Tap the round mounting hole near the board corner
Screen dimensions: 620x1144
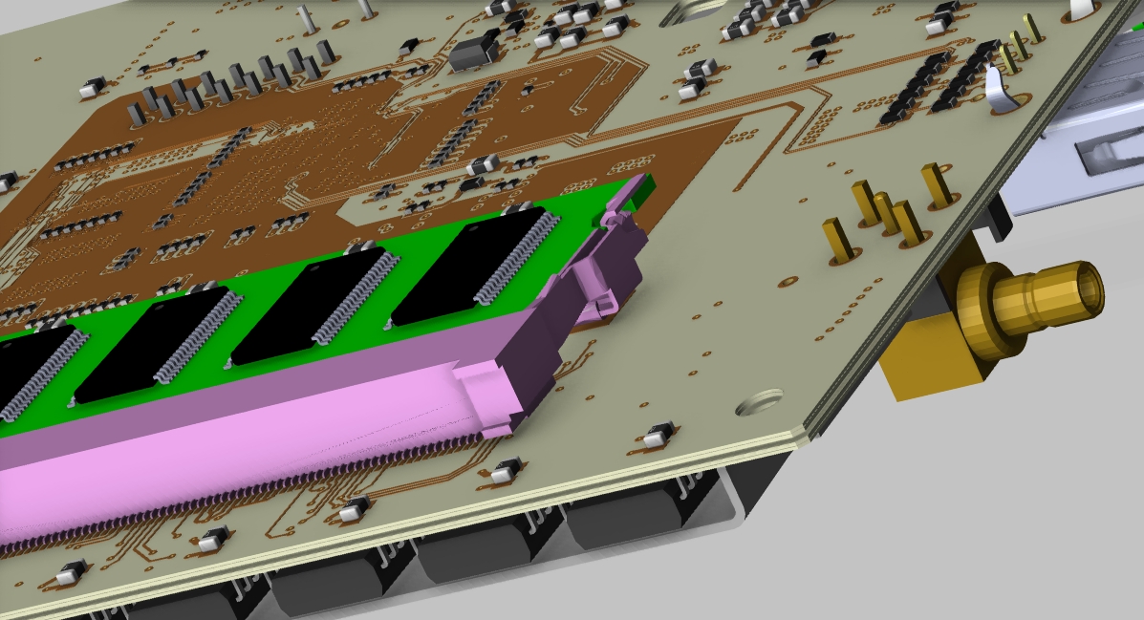(x=760, y=401)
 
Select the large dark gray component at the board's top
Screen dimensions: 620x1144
(x=473, y=52)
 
